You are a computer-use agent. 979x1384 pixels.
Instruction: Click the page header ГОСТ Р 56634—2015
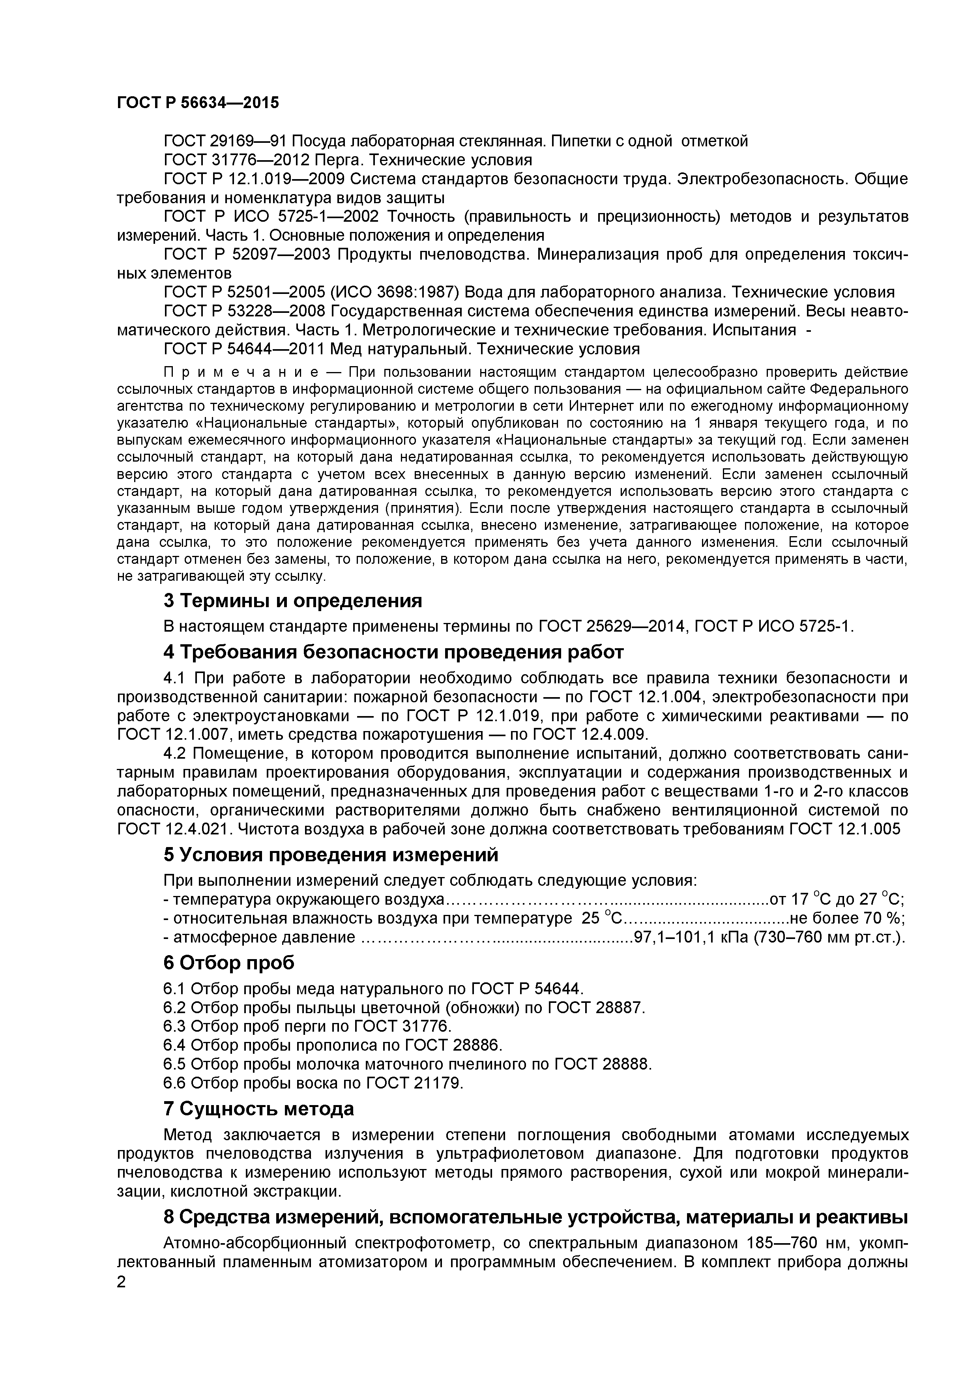pyautogui.click(x=198, y=103)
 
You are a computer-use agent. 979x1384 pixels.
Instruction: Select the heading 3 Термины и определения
pyautogui.click(x=293, y=601)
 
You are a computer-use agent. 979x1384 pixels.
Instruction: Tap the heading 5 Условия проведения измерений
pyautogui.click(x=331, y=855)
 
